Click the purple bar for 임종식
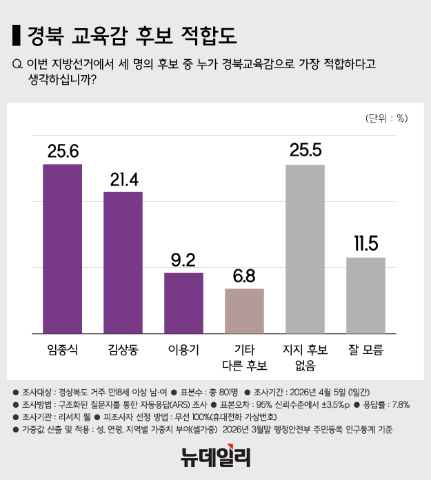pos(63,248)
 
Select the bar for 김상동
pos(123,262)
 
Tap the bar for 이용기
pos(183,302)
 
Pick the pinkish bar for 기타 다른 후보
pos(245,311)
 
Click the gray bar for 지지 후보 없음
pos(305,249)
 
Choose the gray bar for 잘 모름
pos(365,295)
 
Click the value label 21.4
pos(123,179)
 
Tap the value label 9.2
pos(183,260)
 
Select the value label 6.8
pos(245,276)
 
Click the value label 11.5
pos(365,244)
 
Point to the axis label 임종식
pos(63,349)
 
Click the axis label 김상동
pos(123,349)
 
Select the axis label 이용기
pos(183,349)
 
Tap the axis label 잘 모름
pos(365,349)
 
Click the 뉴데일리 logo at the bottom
pos(215,455)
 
